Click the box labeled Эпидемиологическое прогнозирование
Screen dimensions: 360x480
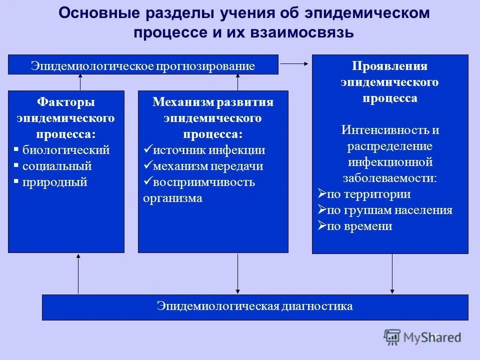point(143,65)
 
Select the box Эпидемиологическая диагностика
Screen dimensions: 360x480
point(255,306)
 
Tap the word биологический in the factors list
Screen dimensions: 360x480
point(66,150)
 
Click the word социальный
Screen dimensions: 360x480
point(57,166)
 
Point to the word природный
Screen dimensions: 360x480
point(55,182)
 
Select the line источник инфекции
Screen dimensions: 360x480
point(209,150)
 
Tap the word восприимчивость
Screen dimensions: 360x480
point(204,182)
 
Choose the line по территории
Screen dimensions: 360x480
point(368,194)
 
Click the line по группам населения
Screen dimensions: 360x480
point(389,210)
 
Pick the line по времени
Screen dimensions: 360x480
point(359,226)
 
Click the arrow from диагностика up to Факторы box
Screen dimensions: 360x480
point(78,273)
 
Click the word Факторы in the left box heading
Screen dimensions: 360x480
point(66,102)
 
